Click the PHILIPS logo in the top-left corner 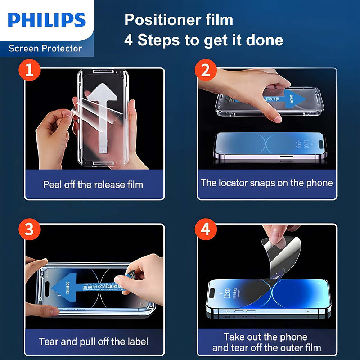pos(47,20)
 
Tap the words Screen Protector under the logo pos(45,48)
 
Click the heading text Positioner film pos(179,20)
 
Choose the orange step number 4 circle pos(206,229)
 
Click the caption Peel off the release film pos(93,185)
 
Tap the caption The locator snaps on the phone pos(267,183)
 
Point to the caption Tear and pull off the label pos(93,341)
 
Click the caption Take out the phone pos(266,337)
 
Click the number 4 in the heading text pos(129,40)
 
